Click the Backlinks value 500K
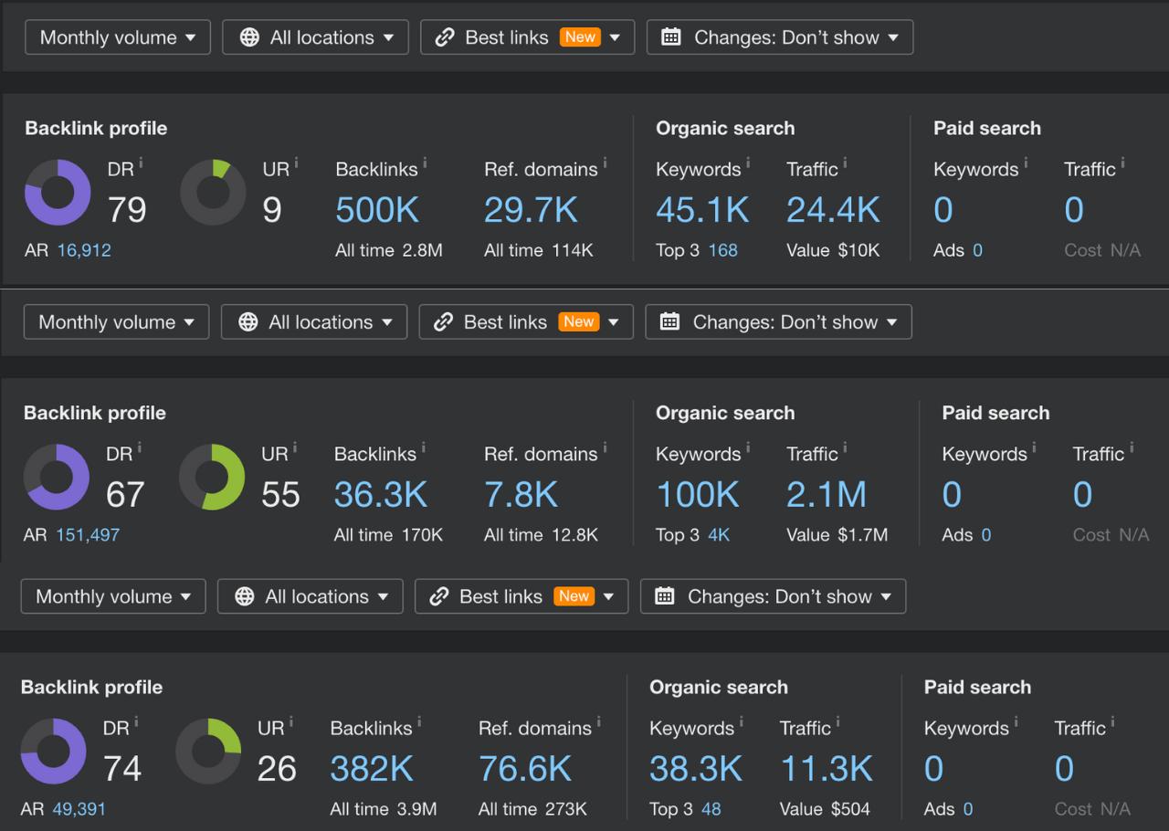pyautogui.click(x=377, y=210)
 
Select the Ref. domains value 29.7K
pyautogui.click(x=531, y=210)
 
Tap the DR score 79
pyautogui.click(x=127, y=210)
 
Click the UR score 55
pyautogui.click(x=280, y=495)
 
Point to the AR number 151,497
pyautogui.click(x=88, y=535)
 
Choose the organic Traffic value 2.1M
pyautogui.click(x=827, y=495)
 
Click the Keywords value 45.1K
pyautogui.click(x=702, y=210)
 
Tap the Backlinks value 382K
pyautogui.click(x=372, y=769)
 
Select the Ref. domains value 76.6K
pyautogui.click(x=525, y=769)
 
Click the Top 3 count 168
pyautogui.click(x=722, y=250)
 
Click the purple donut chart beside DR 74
pyautogui.click(x=54, y=752)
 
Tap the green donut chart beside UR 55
pyautogui.click(x=212, y=478)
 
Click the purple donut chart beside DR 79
pyautogui.click(x=58, y=193)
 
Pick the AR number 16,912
pyautogui.click(x=84, y=250)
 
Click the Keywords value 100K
pyautogui.click(x=698, y=495)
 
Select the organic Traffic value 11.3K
pyautogui.click(x=827, y=769)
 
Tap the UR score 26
pyautogui.click(x=277, y=769)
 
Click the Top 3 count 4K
pyautogui.click(x=719, y=535)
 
